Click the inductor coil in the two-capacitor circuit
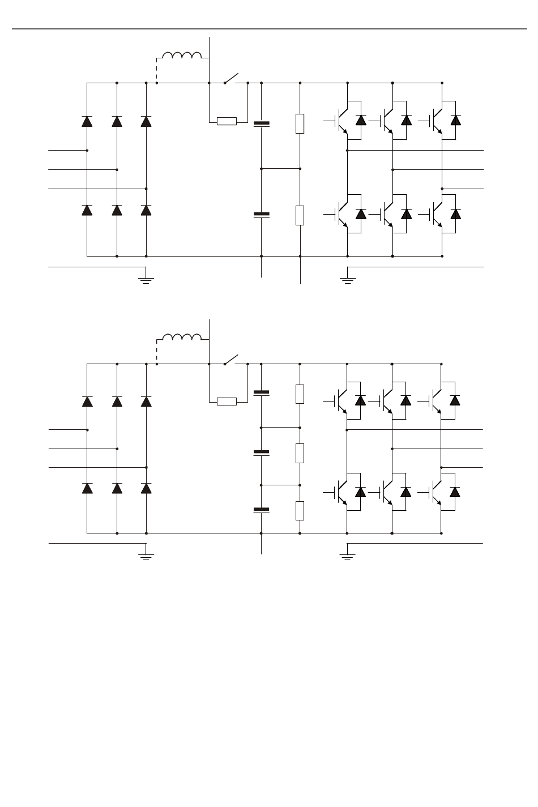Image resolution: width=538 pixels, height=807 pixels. pos(182,55)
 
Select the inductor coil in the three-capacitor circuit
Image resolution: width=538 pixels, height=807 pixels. pos(182,337)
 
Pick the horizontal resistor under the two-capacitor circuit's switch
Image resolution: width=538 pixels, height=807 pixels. pos(227,121)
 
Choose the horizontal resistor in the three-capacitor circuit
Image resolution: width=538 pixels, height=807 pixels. pos(227,402)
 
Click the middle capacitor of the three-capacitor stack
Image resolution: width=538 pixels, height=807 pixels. pos(261,452)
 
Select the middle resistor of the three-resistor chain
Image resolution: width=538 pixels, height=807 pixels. pos(300,453)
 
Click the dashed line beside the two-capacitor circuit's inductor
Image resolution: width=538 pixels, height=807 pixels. pos(156,70)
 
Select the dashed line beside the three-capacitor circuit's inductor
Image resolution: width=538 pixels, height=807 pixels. pos(156,352)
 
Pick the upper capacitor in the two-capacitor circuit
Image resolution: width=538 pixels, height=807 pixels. pos(261,123)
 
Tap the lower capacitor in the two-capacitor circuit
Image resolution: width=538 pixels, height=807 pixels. pos(261,215)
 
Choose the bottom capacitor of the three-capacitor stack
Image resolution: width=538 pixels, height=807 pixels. pos(261,510)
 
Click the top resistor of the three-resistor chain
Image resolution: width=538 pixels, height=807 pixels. pos(300,394)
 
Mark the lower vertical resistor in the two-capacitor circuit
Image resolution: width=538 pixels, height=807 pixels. pos(300,215)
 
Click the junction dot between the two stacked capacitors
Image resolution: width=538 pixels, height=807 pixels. pos(261,169)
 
